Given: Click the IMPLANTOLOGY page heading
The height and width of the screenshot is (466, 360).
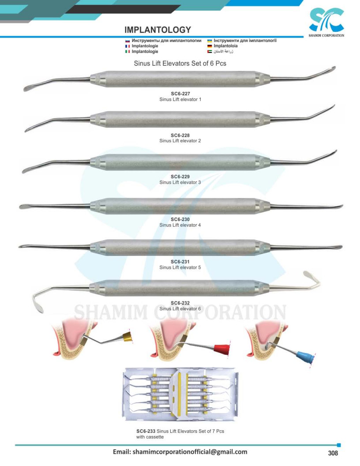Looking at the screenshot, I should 157,30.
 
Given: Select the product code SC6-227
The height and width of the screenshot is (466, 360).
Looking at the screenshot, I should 180,94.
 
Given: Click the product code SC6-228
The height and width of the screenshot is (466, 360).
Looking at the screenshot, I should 180,135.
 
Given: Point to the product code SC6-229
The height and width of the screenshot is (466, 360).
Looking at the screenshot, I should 180,177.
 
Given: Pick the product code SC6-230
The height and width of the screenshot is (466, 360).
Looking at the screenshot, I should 180,219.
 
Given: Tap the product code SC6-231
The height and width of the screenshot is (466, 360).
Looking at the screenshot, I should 180,262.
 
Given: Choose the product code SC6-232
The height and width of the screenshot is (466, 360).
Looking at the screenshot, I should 180,303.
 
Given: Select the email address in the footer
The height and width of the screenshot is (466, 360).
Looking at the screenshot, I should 180,452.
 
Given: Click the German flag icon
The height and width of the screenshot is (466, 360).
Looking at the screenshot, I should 210,46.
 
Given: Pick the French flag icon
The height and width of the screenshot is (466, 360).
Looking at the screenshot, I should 127,46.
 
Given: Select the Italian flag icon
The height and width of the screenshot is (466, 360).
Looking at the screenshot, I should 127,52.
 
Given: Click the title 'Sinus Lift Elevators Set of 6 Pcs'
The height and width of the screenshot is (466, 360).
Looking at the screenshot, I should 180,64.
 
